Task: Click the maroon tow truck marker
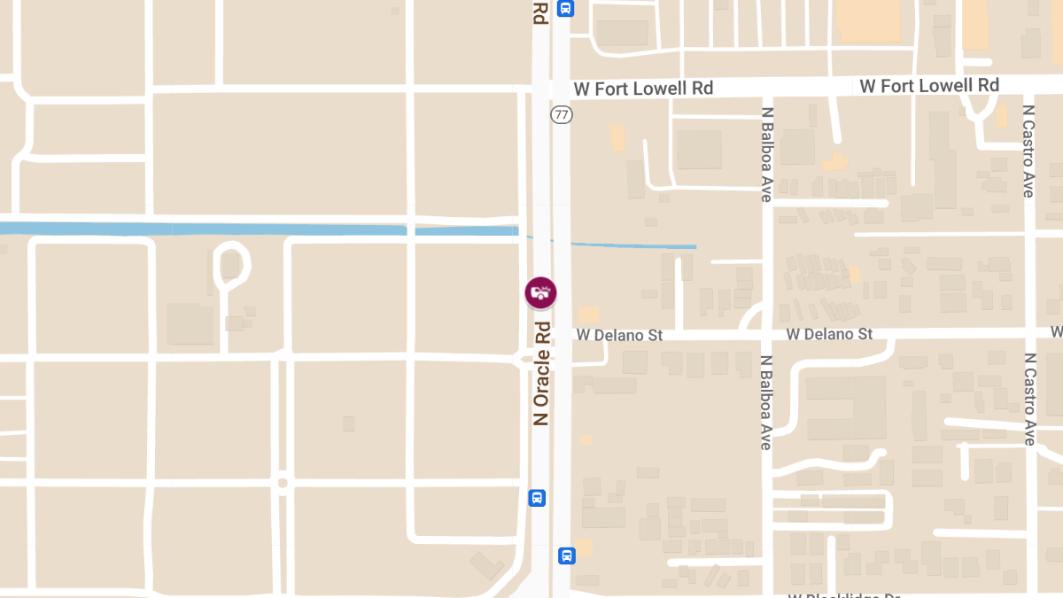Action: (540, 292)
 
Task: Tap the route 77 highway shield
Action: (561, 114)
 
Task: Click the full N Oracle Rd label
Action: (541, 373)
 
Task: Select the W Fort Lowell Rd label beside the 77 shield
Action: (643, 89)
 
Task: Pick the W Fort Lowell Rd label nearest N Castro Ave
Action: (929, 86)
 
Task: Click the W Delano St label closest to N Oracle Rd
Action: (619, 335)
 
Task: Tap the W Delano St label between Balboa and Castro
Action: (829, 334)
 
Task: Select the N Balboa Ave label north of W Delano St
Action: (767, 155)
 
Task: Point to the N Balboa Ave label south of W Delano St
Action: (767, 402)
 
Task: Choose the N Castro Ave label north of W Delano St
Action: (1028, 151)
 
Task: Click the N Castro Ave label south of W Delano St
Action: (1028, 399)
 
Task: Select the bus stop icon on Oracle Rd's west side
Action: (537, 497)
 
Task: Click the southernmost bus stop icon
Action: (566, 555)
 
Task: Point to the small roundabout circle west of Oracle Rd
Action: (282, 482)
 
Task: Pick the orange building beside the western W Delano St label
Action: (588, 315)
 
